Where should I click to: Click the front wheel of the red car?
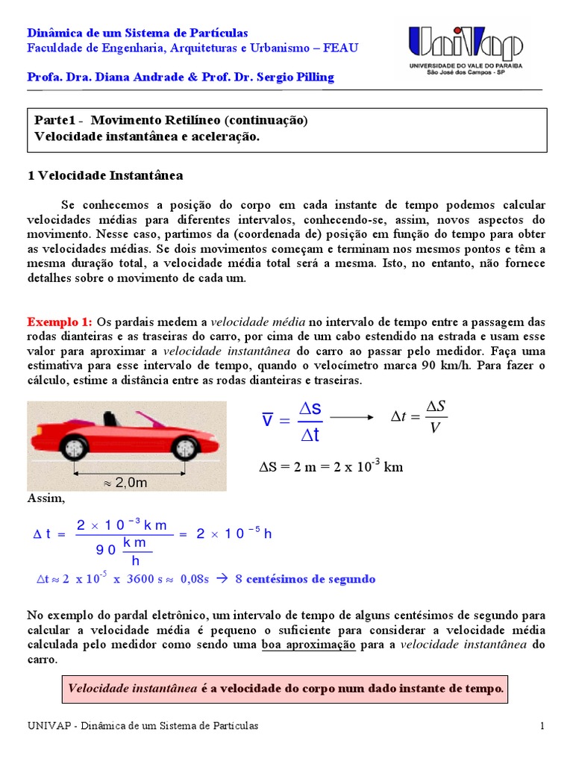[x=184, y=448]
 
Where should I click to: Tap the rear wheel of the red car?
[x=73, y=448]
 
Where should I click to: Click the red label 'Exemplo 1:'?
[x=60, y=322]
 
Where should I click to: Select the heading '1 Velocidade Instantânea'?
[x=104, y=175]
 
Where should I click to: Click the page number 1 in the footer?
[x=543, y=726]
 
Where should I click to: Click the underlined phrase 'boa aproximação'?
[x=308, y=645]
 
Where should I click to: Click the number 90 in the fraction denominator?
[x=106, y=551]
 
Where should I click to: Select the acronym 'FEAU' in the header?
[x=342, y=48]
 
